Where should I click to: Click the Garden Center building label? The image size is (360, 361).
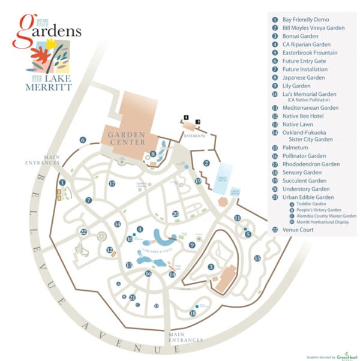(x=127, y=139)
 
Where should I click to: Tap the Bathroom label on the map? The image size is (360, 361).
(x=194, y=136)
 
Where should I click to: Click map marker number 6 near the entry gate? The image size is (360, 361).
(x=83, y=140)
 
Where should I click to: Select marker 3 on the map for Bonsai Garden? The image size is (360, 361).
(x=211, y=267)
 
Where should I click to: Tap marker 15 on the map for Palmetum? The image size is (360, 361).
(x=257, y=258)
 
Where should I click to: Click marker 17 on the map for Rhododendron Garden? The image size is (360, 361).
(x=112, y=183)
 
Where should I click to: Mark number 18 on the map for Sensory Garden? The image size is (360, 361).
(x=193, y=312)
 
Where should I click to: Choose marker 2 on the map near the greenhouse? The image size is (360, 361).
(x=206, y=163)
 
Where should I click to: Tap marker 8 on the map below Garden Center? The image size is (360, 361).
(x=153, y=154)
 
